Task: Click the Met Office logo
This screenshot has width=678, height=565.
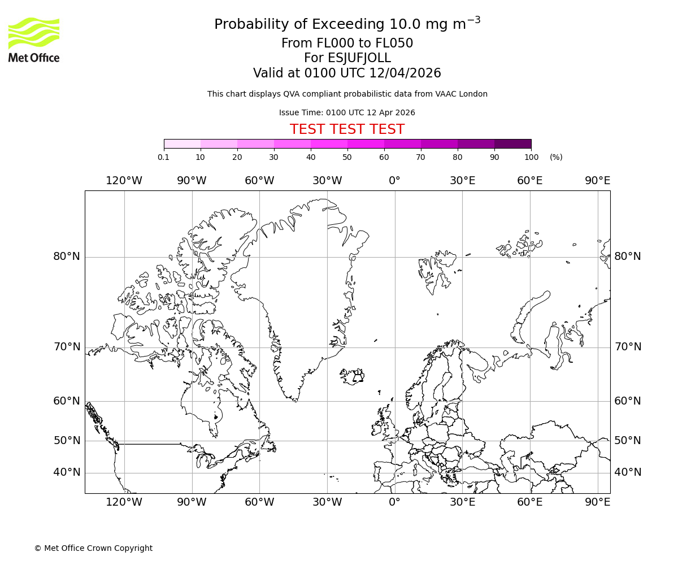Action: pos(34,40)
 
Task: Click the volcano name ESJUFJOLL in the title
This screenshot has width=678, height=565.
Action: pos(347,58)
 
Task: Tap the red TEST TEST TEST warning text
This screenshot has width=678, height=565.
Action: pos(347,129)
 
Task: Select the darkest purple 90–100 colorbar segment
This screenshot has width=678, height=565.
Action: pos(512,144)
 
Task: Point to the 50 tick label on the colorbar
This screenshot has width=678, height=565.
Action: pos(347,157)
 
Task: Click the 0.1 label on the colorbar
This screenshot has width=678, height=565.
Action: pos(163,157)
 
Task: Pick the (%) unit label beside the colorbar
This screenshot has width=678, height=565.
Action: pos(556,157)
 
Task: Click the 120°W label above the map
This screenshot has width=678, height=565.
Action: pos(124,181)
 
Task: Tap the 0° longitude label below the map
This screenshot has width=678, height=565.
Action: pos(394,502)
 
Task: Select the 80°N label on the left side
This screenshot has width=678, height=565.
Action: pos(67,257)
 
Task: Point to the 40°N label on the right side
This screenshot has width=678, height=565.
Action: pos(628,472)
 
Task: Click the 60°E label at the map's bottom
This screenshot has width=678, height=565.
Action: pos(529,502)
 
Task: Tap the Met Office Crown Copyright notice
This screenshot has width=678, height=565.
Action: pos(93,548)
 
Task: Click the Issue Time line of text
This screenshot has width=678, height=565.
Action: pos(347,112)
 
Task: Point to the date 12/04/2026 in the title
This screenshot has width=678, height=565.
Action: pos(405,73)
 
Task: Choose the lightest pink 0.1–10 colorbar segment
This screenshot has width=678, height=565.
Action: pos(182,144)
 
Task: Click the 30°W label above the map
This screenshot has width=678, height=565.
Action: pos(327,181)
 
